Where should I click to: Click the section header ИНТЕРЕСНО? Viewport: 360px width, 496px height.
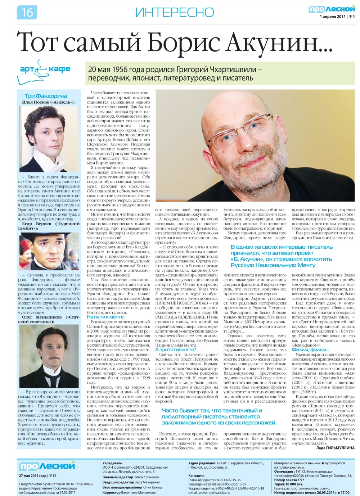[175, 13]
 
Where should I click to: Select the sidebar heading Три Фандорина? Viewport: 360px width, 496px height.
[46, 96]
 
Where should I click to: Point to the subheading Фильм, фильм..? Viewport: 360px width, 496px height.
[310, 349]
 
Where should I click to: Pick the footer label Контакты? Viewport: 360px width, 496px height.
[196, 475]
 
